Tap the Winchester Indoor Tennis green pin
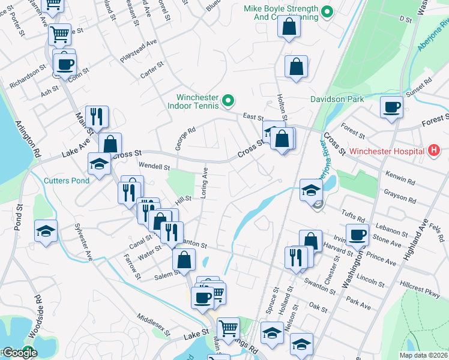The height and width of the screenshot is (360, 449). point(228,101)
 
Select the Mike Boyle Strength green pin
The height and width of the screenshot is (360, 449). point(327,11)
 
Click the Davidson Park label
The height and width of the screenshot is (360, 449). point(337,98)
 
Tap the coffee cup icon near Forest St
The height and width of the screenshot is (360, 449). point(391,107)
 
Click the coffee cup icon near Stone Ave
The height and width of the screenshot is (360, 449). point(357,235)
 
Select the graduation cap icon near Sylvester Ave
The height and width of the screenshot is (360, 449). point(46,231)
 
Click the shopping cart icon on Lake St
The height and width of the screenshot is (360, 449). point(228,328)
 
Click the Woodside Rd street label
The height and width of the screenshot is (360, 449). point(37,310)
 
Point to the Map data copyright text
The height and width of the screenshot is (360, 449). point(423,355)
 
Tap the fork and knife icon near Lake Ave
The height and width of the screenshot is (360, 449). point(97,117)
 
